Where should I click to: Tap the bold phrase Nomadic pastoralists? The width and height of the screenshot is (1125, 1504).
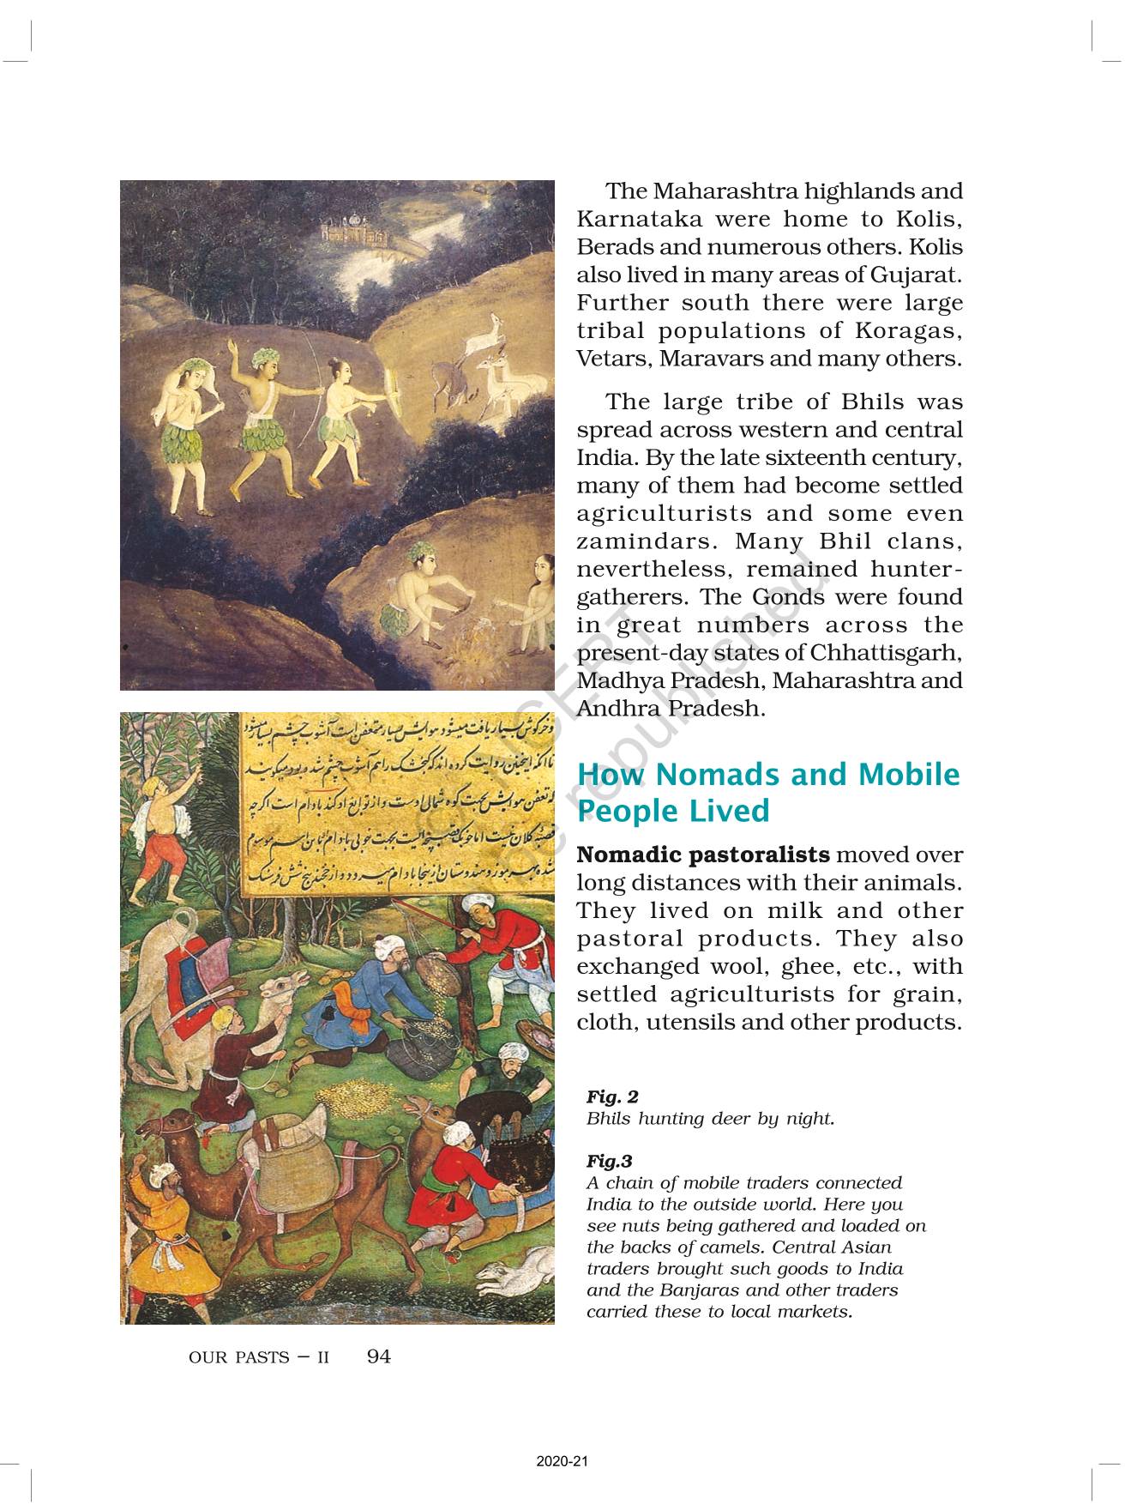703,855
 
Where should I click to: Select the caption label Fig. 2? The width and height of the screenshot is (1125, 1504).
612,1096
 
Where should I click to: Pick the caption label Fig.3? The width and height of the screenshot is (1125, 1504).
609,1162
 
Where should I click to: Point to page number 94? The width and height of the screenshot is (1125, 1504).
378,1356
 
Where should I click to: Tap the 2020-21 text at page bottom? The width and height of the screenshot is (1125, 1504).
562,1462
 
